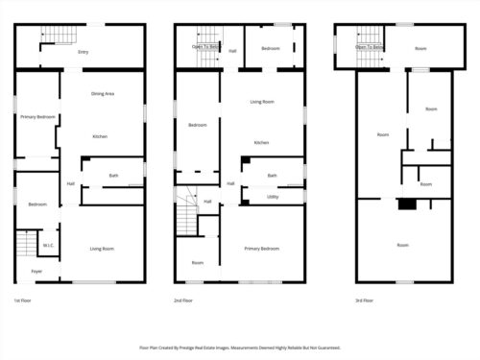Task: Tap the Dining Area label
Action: tap(103, 94)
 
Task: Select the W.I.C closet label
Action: tap(47, 246)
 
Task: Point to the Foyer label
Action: tap(36, 272)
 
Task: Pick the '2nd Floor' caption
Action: tap(183, 300)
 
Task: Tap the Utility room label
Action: tap(273, 196)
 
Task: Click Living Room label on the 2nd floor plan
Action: tap(262, 102)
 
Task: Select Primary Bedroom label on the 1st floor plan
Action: tap(37, 117)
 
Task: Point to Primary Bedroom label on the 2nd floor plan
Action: tap(261, 249)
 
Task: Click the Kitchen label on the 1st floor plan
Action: tap(100, 136)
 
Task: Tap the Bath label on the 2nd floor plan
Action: tap(273, 176)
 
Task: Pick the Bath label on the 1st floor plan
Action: tap(113, 176)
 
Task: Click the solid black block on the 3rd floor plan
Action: tap(407, 204)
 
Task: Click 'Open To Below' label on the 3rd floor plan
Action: tap(370, 46)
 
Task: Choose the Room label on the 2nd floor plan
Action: tap(198, 263)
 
